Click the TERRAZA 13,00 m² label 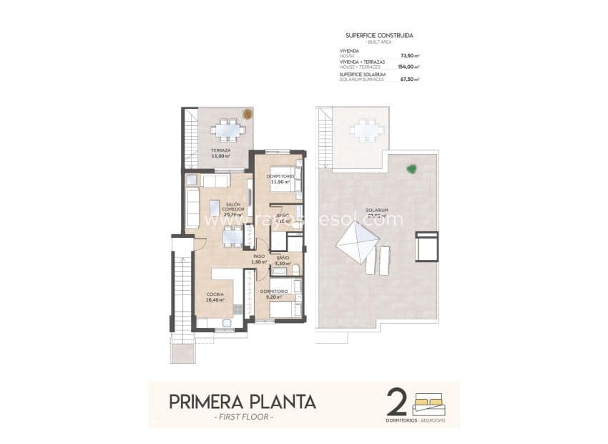220,153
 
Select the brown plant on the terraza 247,113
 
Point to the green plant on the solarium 411,169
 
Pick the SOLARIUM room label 377,213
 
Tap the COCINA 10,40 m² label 215,296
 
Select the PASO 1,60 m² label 259,259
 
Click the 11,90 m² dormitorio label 279,179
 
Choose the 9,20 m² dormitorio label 274,294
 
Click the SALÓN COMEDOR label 232,208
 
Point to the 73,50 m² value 409,55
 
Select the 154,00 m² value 408,67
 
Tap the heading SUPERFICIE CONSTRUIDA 379,35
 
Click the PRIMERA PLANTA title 242,401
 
